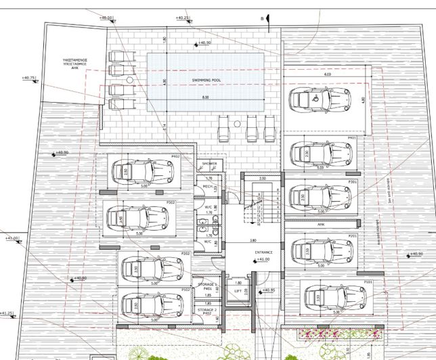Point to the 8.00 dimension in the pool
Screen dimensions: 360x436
tap(205, 99)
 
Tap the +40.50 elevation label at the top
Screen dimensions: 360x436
tap(106, 18)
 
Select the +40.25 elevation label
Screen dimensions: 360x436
tap(181, 17)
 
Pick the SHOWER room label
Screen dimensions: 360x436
tap(208, 164)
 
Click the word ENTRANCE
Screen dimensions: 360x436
tap(263, 252)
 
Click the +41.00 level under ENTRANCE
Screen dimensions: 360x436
tap(265, 258)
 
